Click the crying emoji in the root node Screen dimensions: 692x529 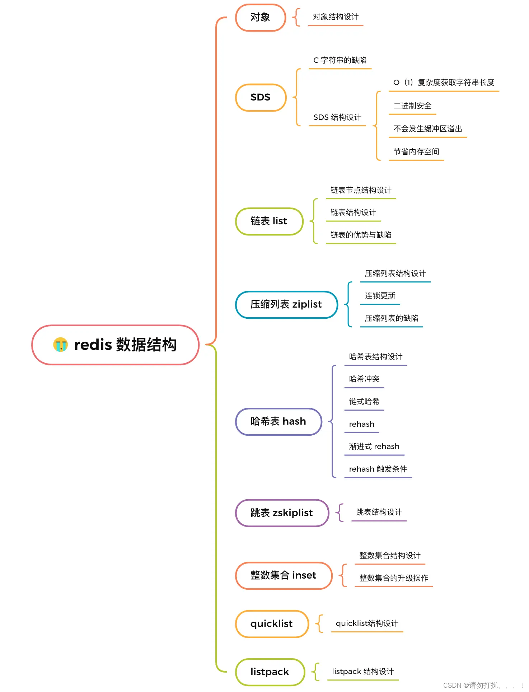[60, 345]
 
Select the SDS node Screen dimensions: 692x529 [261, 98]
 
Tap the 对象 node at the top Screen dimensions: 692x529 [261, 17]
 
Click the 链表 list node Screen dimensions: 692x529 [269, 221]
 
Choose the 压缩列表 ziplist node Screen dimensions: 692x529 [286, 304]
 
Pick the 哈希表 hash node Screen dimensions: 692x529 [278, 421]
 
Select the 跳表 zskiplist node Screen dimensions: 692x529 [282, 513]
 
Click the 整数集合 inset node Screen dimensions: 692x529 [284, 575]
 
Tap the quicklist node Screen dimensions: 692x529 [272, 624]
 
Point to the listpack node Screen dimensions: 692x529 [270, 672]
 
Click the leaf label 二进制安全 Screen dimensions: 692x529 [412, 106]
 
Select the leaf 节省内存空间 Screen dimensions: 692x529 [416, 152]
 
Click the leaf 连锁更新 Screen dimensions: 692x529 [380, 296]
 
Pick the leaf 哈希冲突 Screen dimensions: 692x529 [364, 379]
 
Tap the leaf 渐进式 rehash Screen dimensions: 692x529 [374, 446]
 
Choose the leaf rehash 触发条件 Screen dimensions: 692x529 [378, 469]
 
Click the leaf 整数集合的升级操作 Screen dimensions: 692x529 [394, 578]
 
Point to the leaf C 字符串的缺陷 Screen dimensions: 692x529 [340, 60]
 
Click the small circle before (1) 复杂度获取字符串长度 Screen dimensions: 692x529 [396, 83]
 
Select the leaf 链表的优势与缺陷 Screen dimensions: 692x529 [361, 235]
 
